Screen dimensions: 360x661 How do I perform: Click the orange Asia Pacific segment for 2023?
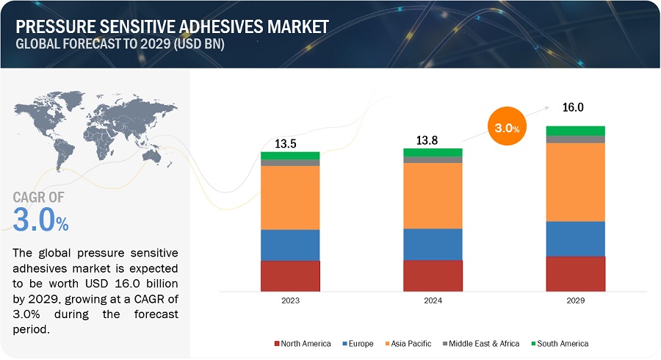(290, 198)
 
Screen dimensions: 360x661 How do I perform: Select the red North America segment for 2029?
(575, 273)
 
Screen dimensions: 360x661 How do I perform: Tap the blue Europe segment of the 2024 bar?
(433, 244)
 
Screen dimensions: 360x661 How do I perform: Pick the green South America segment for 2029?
(575, 131)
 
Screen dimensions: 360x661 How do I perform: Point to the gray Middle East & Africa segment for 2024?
(433, 159)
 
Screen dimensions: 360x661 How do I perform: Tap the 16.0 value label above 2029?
(573, 107)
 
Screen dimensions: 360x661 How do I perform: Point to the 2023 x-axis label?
(290, 300)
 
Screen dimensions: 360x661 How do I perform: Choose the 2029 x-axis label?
(575, 300)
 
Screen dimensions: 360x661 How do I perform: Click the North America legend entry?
(302, 343)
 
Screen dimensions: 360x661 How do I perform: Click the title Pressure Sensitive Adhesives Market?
(172, 27)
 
